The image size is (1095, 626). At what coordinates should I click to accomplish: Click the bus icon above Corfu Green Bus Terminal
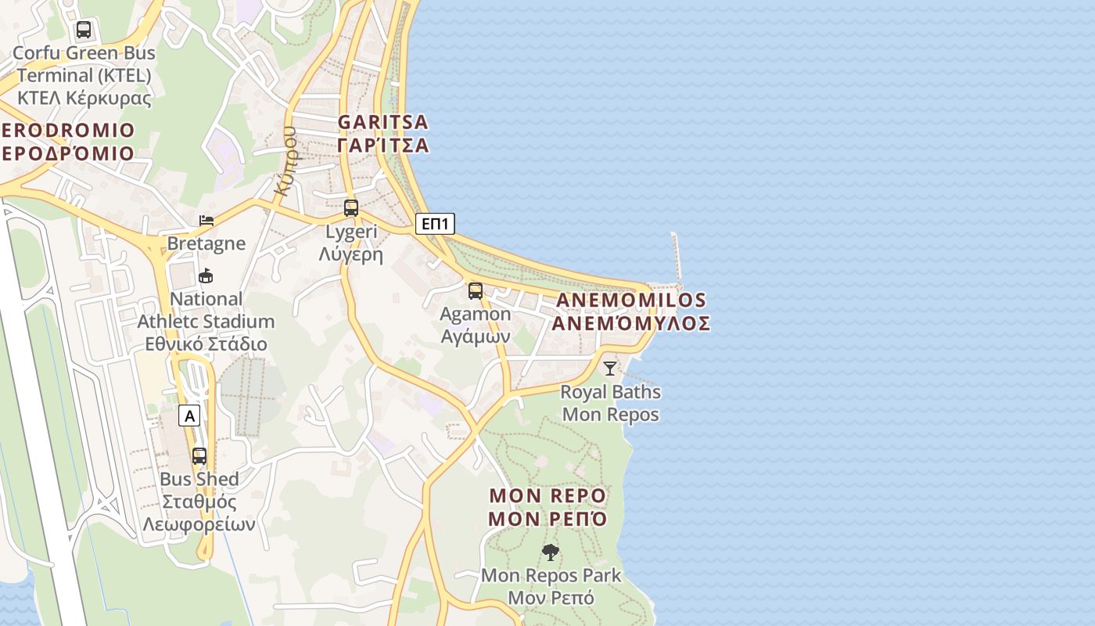click(x=84, y=31)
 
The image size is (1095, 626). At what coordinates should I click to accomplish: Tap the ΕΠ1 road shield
click(x=434, y=224)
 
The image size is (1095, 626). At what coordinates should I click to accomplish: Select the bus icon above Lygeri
click(x=351, y=208)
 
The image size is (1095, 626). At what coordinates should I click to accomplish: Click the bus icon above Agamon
click(x=475, y=291)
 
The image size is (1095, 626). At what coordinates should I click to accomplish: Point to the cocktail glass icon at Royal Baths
click(x=610, y=368)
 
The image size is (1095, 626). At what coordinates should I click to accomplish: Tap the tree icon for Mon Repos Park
click(x=551, y=552)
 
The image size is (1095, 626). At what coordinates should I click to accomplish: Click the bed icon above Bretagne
click(x=206, y=221)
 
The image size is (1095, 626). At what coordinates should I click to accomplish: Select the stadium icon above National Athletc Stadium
click(x=206, y=275)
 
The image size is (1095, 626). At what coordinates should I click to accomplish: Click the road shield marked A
click(x=189, y=416)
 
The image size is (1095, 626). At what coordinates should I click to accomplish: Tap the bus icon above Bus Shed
click(x=199, y=455)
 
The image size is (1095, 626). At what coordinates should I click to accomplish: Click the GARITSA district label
click(x=383, y=122)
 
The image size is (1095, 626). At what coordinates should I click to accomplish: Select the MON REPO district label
click(x=547, y=496)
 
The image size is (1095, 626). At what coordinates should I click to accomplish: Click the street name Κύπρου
click(x=285, y=160)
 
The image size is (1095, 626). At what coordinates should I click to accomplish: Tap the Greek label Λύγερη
click(x=351, y=254)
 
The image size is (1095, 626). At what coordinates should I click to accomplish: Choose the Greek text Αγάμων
click(x=476, y=336)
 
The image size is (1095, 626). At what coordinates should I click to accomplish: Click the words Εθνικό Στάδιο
click(x=206, y=344)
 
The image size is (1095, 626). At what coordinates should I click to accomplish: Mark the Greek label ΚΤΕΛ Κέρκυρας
click(x=84, y=98)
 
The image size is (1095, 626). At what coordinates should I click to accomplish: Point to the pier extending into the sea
click(x=676, y=257)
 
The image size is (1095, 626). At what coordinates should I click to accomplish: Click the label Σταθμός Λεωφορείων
click(x=199, y=513)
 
